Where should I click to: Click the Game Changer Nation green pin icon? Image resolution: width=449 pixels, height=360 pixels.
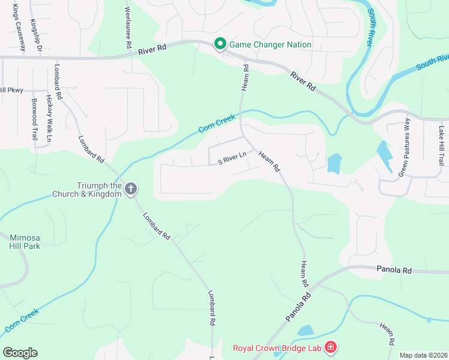[220, 44]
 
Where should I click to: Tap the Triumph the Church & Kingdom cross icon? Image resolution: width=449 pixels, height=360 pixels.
[131, 190]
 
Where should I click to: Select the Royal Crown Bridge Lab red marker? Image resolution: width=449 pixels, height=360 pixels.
[330, 347]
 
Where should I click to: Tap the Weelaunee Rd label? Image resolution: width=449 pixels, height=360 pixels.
[128, 27]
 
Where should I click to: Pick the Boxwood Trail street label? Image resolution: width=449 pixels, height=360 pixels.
[34, 119]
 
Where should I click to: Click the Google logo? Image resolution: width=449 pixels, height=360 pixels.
[20, 353]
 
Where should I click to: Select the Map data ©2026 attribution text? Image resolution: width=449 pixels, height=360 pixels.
[424, 355]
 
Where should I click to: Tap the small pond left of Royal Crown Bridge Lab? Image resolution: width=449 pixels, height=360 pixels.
[305, 331]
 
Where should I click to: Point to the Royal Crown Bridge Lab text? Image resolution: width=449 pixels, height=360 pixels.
[277, 347]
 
